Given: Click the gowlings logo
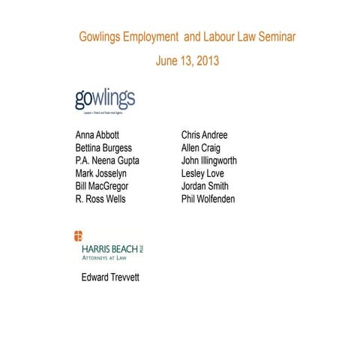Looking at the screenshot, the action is pos(104,100).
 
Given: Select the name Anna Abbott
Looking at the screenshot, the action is pos(101,135).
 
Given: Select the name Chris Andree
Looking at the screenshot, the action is pos(204,135).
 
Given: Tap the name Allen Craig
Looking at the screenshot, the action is pos(201,148).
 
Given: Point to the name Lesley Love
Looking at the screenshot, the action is pos(202,173).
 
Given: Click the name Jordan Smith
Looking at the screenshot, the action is pos(205,186).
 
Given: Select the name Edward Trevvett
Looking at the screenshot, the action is pos(110,277).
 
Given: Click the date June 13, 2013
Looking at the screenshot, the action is pos(187,61).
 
